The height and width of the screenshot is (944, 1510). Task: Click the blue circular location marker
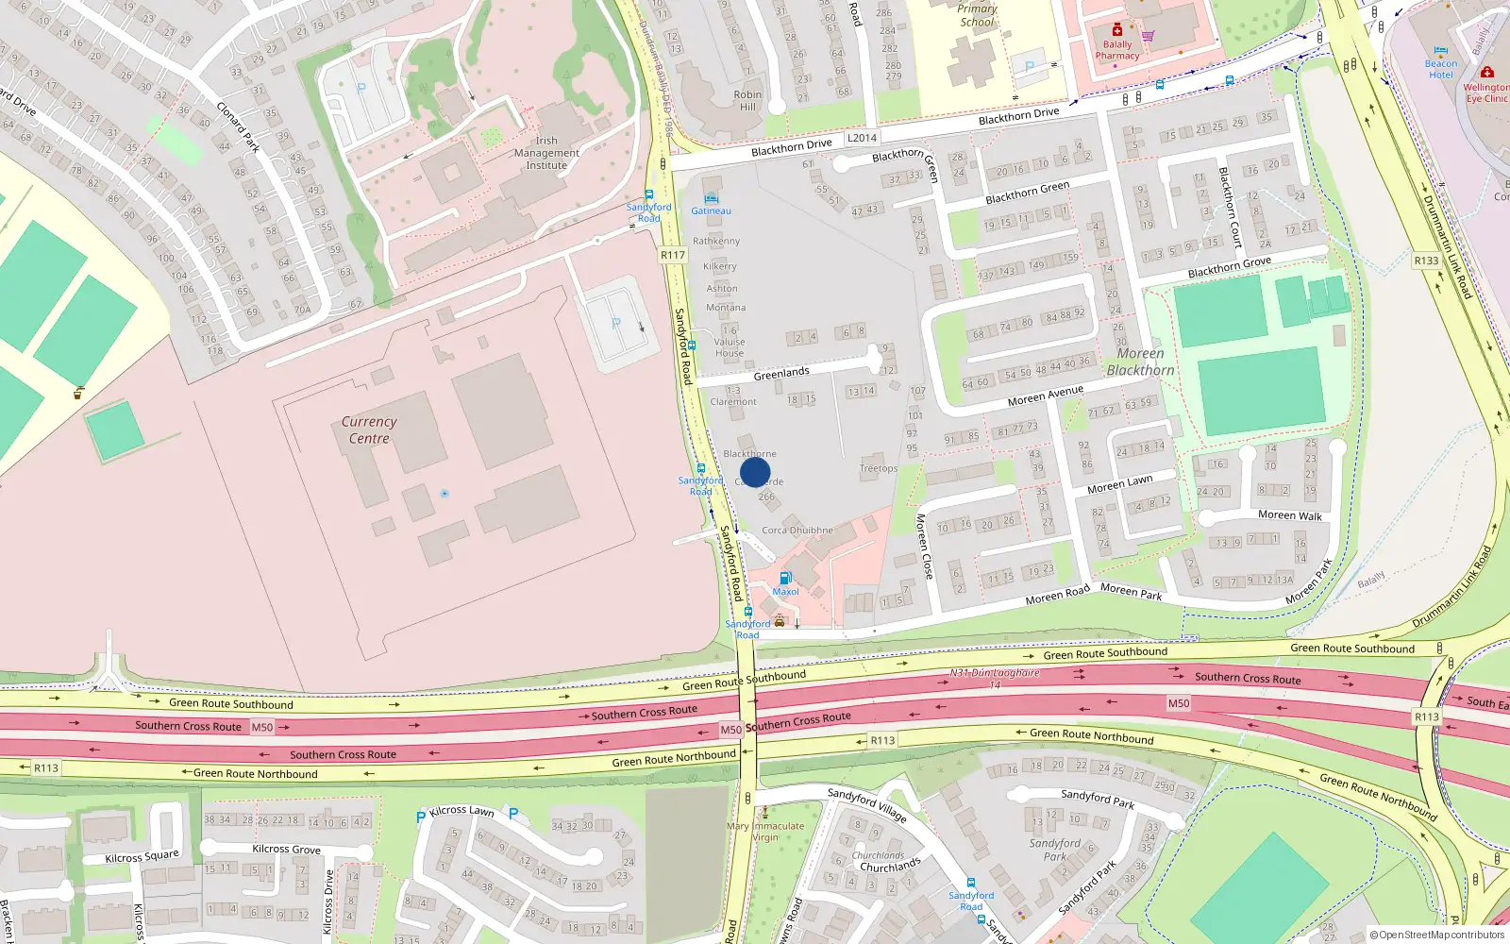tap(755, 472)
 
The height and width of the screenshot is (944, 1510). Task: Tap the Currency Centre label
tap(369, 430)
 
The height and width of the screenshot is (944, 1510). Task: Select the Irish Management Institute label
tap(546, 153)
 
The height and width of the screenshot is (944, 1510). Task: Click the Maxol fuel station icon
tap(785, 578)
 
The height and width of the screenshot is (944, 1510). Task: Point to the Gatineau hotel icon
tap(711, 198)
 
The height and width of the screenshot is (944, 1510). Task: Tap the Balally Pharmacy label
tap(1117, 50)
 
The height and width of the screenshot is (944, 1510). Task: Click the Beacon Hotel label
tap(1441, 69)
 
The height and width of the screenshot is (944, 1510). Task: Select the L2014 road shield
tap(862, 138)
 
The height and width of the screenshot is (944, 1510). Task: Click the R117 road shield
tap(673, 255)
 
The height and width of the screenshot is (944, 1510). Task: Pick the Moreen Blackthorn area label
tap(1140, 362)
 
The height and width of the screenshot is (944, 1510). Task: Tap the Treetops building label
tap(878, 468)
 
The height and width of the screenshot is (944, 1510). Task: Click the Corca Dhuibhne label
tap(797, 531)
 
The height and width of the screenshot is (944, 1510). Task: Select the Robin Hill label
tap(747, 100)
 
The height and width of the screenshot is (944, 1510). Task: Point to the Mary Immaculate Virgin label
tap(765, 832)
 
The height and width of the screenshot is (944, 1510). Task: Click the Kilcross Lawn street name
tap(461, 811)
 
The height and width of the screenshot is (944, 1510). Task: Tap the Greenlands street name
tap(781, 374)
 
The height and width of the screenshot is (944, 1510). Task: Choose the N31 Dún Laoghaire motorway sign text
tap(995, 673)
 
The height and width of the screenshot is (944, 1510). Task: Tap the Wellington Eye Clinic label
tap(1485, 93)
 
